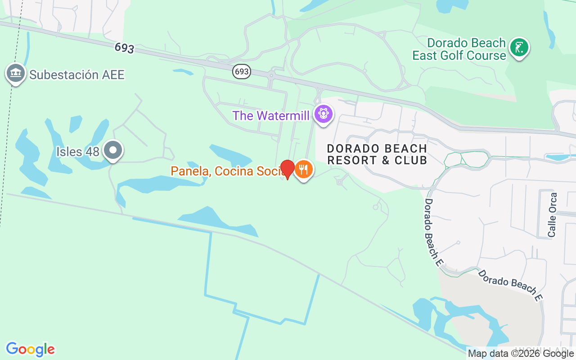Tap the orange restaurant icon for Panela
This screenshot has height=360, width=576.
tap(304, 170)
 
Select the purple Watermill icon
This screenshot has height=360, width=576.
tap(323, 113)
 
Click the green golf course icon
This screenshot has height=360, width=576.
tap(519, 47)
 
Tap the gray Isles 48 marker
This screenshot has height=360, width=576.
tap(112, 150)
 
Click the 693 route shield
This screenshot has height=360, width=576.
tap(242, 71)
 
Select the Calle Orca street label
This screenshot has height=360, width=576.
tap(553, 215)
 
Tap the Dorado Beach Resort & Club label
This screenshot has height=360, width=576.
tap(377, 154)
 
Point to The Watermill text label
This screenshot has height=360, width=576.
tap(271, 116)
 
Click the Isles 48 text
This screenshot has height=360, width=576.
tap(77, 152)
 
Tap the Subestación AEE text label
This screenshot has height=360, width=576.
tap(76, 75)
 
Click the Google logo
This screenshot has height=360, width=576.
tap(30, 349)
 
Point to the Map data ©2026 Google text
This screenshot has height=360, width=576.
tap(521, 354)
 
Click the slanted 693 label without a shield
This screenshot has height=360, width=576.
tap(124, 48)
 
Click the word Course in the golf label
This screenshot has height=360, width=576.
tap(486, 56)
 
